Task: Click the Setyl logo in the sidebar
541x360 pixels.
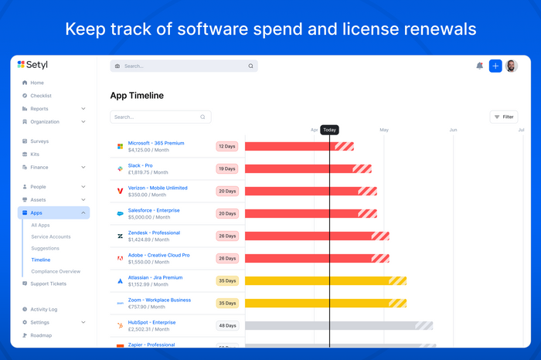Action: [x=32, y=65]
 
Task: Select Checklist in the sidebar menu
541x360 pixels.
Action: [x=41, y=96]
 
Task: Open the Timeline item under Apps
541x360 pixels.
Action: [x=40, y=260]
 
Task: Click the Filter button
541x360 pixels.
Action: [x=504, y=117]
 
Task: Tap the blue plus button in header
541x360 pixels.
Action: [x=495, y=66]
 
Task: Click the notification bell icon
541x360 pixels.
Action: [x=479, y=66]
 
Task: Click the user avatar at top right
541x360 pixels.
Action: [x=512, y=66]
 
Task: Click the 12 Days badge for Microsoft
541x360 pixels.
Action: [x=226, y=146]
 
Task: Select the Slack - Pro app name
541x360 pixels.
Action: [x=140, y=165]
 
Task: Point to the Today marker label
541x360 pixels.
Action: [x=329, y=130]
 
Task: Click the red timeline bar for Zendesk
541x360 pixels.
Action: [x=309, y=236]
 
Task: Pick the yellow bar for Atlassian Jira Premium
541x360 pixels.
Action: [x=317, y=280]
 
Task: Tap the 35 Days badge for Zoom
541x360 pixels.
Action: [x=226, y=303]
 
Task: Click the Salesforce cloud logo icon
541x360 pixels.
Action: [x=120, y=213]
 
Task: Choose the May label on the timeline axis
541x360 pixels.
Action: [x=384, y=130]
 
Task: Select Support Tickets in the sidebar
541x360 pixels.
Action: [x=48, y=284]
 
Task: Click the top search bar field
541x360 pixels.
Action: [x=183, y=66]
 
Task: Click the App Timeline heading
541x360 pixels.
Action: [x=137, y=96]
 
